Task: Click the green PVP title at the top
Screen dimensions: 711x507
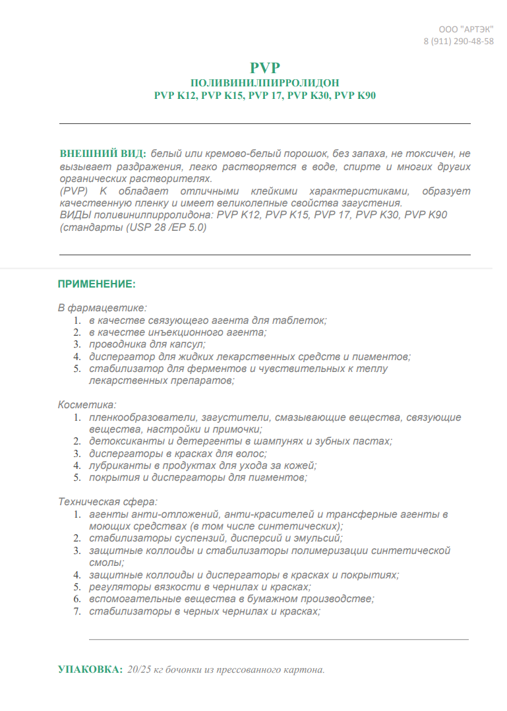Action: [x=265, y=68]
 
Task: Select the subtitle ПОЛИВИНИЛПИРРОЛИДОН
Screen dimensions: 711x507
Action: [x=265, y=82]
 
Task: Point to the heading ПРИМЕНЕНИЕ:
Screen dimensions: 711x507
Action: [x=97, y=284]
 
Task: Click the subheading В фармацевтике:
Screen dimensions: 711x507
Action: [x=102, y=307]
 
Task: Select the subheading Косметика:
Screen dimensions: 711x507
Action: [x=87, y=404]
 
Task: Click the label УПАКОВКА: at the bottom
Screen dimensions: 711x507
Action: [x=90, y=669]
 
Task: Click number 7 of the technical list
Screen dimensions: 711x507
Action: [x=76, y=611]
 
